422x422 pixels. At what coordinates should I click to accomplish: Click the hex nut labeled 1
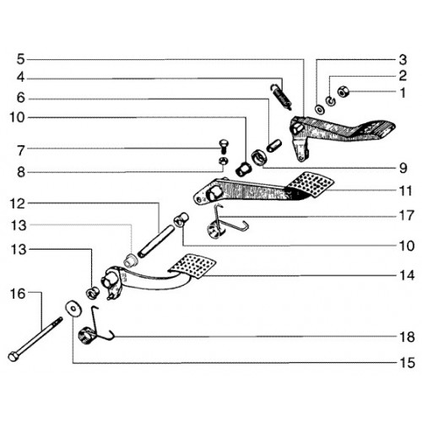click(x=344, y=91)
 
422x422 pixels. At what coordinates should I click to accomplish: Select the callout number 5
click(x=21, y=59)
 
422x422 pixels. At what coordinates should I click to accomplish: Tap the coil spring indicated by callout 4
click(x=281, y=97)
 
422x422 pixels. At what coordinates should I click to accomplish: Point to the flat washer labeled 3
click(x=319, y=109)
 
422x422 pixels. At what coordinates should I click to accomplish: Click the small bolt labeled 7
click(x=224, y=146)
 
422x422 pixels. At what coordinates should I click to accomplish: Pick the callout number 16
click(x=18, y=294)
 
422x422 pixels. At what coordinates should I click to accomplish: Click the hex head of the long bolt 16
click(x=13, y=357)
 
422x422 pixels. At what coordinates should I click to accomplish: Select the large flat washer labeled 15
click(x=73, y=308)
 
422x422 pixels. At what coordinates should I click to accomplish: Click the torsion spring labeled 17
click(x=222, y=222)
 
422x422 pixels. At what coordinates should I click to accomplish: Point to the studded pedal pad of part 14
click(x=192, y=266)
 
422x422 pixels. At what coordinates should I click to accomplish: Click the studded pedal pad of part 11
click(x=310, y=184)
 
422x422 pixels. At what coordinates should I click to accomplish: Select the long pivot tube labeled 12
click(x=155, y=241)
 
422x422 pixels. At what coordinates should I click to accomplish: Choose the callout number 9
click(x=403, y=168)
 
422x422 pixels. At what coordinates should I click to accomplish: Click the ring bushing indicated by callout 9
click(x=259, y=158)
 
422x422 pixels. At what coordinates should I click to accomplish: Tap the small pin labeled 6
click(x=274, y=145)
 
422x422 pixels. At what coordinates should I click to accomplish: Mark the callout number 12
click(x=18, y=203)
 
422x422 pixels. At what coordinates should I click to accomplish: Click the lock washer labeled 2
click(x=331, y=100)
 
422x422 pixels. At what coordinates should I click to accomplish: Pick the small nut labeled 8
click(x=224, y=161)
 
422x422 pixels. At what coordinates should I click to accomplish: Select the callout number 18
click(x=407, y=337)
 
